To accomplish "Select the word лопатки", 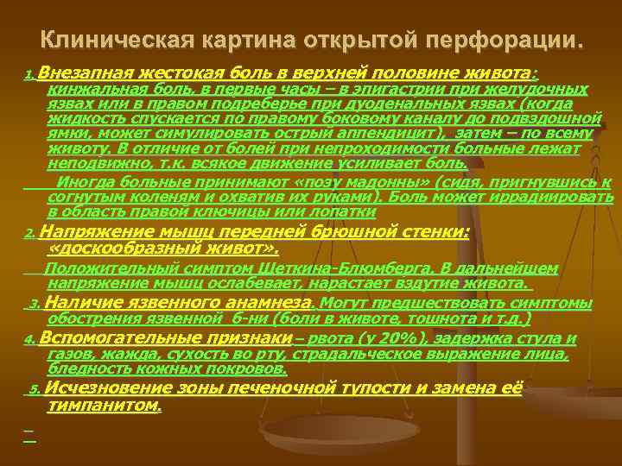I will click(347, 210).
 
